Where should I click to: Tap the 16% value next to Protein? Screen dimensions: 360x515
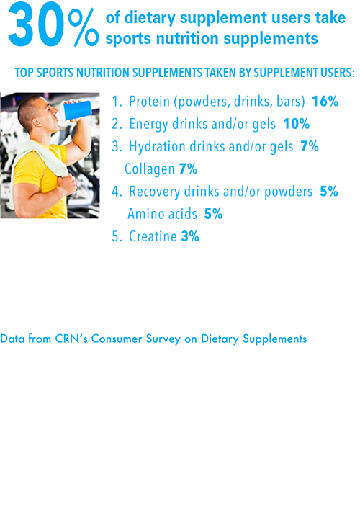[325, 102]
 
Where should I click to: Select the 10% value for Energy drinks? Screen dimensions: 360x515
[297, 124]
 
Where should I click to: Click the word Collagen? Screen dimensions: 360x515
[149, 169]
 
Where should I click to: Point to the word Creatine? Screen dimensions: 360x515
[153, 236]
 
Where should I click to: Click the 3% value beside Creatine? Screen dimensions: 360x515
[190, 236]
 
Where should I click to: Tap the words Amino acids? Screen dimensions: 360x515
[162, 214]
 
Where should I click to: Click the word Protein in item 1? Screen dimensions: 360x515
[149, 102]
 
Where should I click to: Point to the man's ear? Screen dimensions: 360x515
[36, 122]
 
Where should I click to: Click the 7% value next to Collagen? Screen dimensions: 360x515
[189, 169]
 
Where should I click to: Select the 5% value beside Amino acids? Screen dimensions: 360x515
[213, 214]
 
